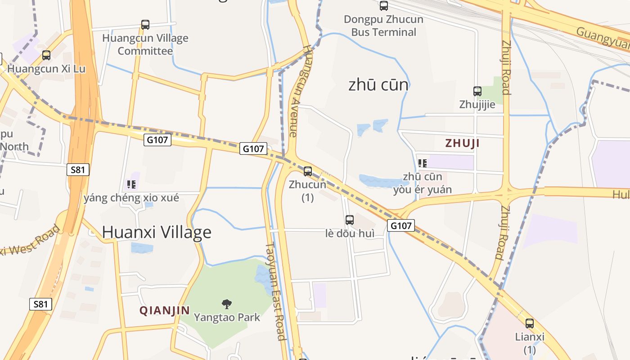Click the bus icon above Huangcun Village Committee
[145, 25]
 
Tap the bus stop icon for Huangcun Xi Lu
[46, 55]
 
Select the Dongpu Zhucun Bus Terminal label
[383, 26]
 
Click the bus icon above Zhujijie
[477, 91]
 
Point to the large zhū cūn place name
[378, 85]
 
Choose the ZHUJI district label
[462, 143]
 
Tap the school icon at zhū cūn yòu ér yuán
[422, 163]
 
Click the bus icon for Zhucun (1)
[308, 171]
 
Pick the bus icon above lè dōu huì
[350, 220]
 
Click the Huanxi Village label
[157, 232]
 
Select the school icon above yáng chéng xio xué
[131, 184]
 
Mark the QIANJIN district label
[164, 310]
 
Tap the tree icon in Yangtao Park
[227, 304]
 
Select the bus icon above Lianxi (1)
[530, 324]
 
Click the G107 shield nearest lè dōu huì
[400, 225]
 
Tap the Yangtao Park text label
[227, 317]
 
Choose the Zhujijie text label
[477, 104]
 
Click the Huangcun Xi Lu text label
[46, 69]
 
